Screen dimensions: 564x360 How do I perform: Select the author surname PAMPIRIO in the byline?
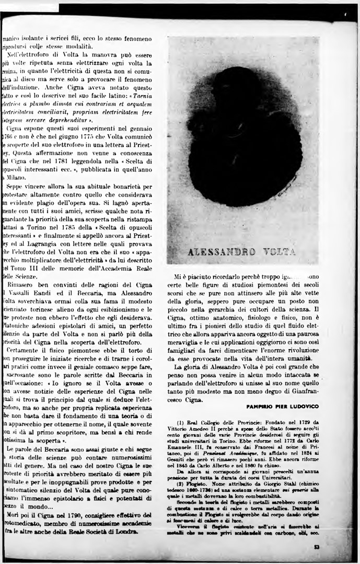[x=262, y=406]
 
